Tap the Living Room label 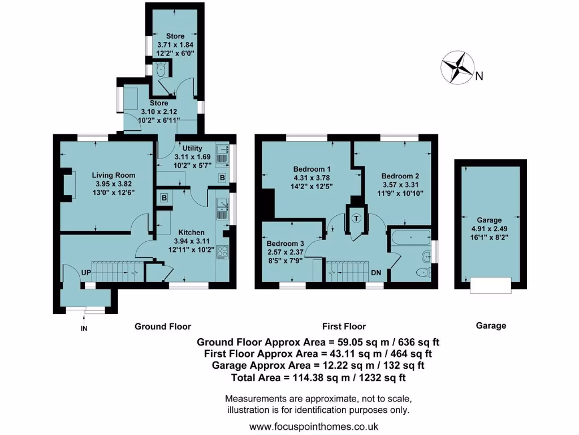pos(106,176)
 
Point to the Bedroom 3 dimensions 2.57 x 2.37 pos(285,252)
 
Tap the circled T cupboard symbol pos(356,218)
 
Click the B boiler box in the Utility pos(222,178)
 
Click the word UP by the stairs pos(87,272)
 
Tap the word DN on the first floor pos(376,272)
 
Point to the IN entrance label pos(84,328)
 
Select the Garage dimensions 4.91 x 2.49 pos(489,229)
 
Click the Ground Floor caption pos(162,326)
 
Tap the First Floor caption pos(344,326)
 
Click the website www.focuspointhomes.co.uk pos(314,427)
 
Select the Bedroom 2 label pos(400,176)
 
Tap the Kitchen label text pos(191,232)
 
